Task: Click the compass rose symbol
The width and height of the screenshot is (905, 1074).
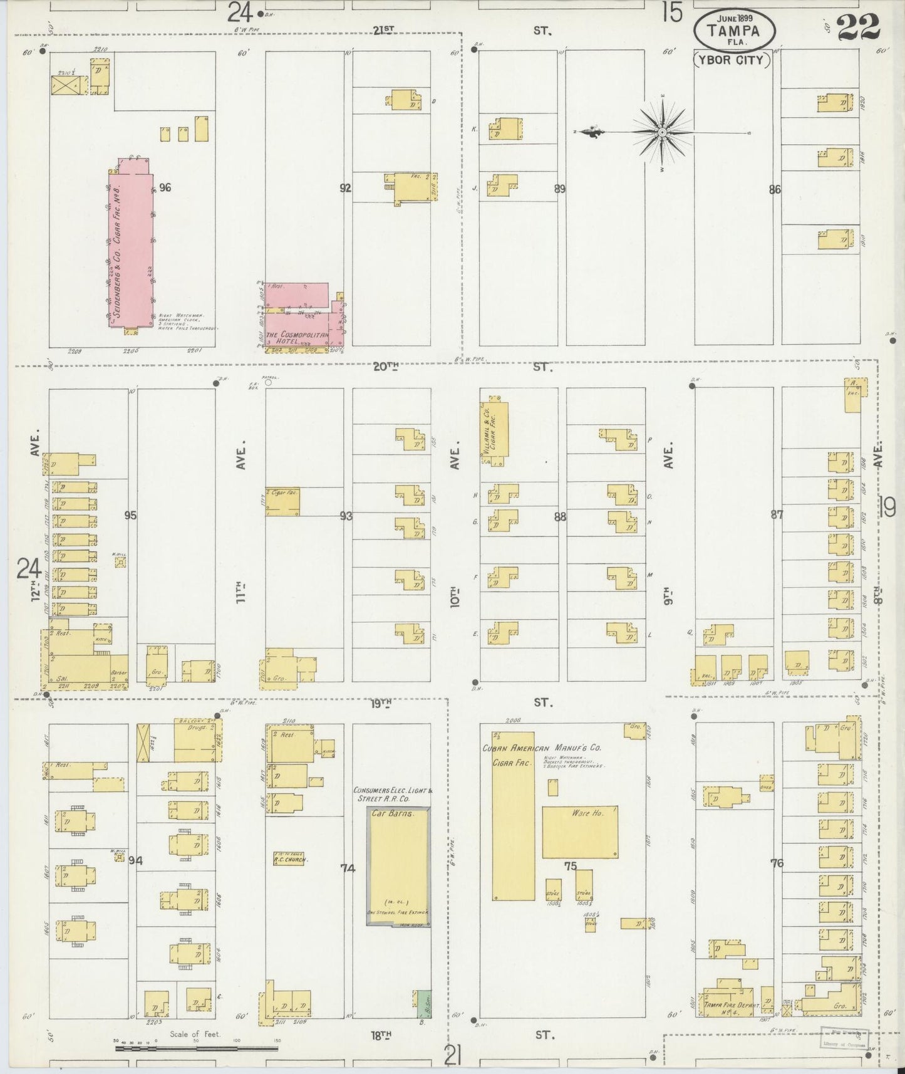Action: (662, 133)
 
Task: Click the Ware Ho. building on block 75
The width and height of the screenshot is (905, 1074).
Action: (580, 832)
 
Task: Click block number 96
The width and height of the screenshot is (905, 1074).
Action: (165, 187)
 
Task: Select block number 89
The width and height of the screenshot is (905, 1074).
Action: (560, 189)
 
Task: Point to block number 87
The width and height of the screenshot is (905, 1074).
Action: (777, 515)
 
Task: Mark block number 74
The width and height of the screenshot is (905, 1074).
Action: (348, 868)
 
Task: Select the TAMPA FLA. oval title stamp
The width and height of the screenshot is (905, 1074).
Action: (734, 30)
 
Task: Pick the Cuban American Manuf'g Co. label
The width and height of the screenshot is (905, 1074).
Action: (542, 748)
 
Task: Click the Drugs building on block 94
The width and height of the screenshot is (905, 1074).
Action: (198, 740)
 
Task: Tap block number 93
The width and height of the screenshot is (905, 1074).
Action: (346, 516)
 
